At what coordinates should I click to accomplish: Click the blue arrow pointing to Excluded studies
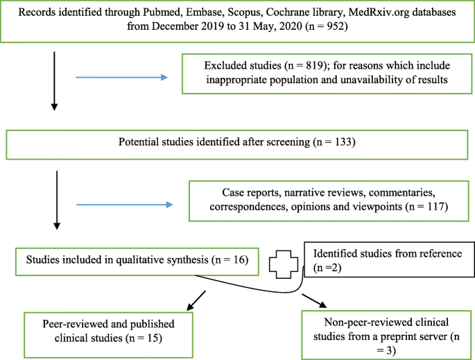(121, 77)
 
